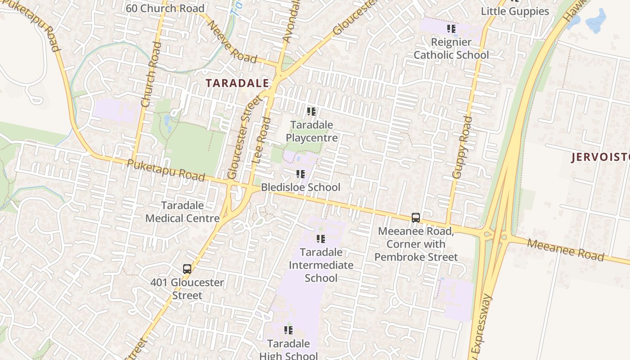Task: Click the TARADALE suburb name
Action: click(237, 83)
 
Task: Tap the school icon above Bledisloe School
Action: click(301, 174)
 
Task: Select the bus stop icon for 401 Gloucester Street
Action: click(187, 269)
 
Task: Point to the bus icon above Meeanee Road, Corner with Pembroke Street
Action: click(416, 218)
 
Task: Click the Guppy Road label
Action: click(462, 148)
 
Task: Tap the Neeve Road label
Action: click(232, 42)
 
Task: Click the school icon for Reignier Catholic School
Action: click(451, 29)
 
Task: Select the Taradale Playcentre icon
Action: click(311, 112)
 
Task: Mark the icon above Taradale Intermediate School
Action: click(320, 239)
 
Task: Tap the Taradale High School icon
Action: click(288, 331)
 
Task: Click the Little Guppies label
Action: click(515, 11)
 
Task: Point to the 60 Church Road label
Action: click(165, 9)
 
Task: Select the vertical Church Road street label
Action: click(150, 75)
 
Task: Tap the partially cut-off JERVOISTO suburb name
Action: click(600, 157)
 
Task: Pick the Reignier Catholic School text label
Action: click(451, 49)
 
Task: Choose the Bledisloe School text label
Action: click(301, 187)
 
